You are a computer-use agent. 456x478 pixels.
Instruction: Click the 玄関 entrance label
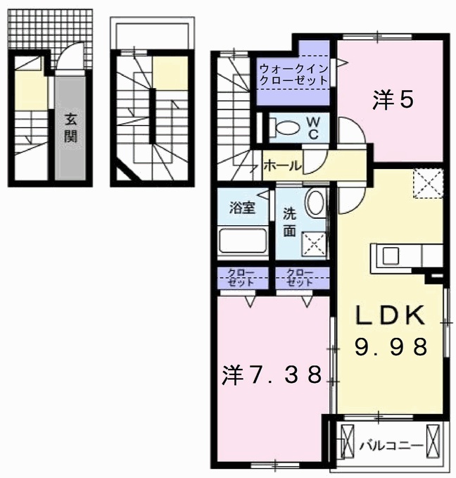(70, 128)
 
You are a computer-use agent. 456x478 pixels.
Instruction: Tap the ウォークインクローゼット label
(293, 75)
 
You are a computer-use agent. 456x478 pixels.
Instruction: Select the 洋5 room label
(393, 100)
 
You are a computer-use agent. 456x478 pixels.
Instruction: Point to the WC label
(313, 129)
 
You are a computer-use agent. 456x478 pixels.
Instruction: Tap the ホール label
(282, 166)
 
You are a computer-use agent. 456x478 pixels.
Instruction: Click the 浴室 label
(242, 208)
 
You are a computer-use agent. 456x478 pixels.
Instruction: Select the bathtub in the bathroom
(242, 240)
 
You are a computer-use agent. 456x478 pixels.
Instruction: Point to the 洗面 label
(289, 222)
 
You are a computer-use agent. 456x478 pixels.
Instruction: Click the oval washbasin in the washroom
(315, 203)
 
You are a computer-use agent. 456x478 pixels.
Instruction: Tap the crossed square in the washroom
(314, 244)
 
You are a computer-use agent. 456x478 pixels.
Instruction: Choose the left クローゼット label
(241, 277)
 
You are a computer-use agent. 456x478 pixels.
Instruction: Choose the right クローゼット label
(300, 277)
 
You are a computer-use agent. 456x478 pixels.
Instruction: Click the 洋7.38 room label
(272, 375)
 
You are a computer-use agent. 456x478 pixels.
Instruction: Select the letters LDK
(391, 315)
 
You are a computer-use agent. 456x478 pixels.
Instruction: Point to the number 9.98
(391, 347)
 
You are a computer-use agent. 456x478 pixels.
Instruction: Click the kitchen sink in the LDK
(391, 256)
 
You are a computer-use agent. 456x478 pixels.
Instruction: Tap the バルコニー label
(392, 446)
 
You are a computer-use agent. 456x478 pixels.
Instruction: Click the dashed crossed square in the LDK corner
(428, 184)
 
